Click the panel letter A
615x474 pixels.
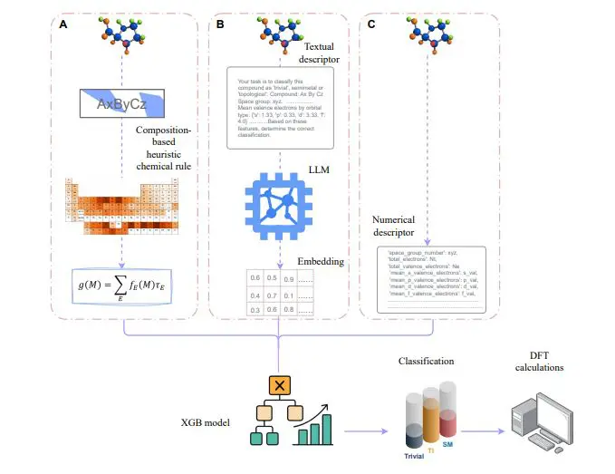[62, 24]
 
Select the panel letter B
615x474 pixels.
[220, 24]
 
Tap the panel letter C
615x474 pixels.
[371, 24]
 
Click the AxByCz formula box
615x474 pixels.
[121, 104]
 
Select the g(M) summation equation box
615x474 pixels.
[122, 287]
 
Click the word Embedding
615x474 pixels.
[317, 261]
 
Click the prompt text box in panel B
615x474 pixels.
[280, 107]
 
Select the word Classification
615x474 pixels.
[430, 361]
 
